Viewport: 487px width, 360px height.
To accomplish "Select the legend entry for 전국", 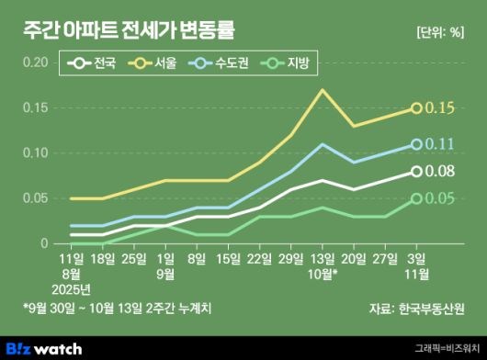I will (x=95, y=64).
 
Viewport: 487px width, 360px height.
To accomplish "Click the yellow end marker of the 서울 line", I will (x=416, y=108).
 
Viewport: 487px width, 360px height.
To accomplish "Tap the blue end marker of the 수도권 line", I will (x=416, y=144).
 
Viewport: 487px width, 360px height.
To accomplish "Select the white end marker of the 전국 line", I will (x=416, y=171).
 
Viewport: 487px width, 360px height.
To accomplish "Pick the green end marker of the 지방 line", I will (x=416, y=198).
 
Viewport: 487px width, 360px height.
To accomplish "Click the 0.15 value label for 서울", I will (x=441, y=108).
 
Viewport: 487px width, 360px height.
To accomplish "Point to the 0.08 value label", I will (x=441, y=171).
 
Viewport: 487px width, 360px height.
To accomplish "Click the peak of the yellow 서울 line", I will (x=323, y=90).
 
